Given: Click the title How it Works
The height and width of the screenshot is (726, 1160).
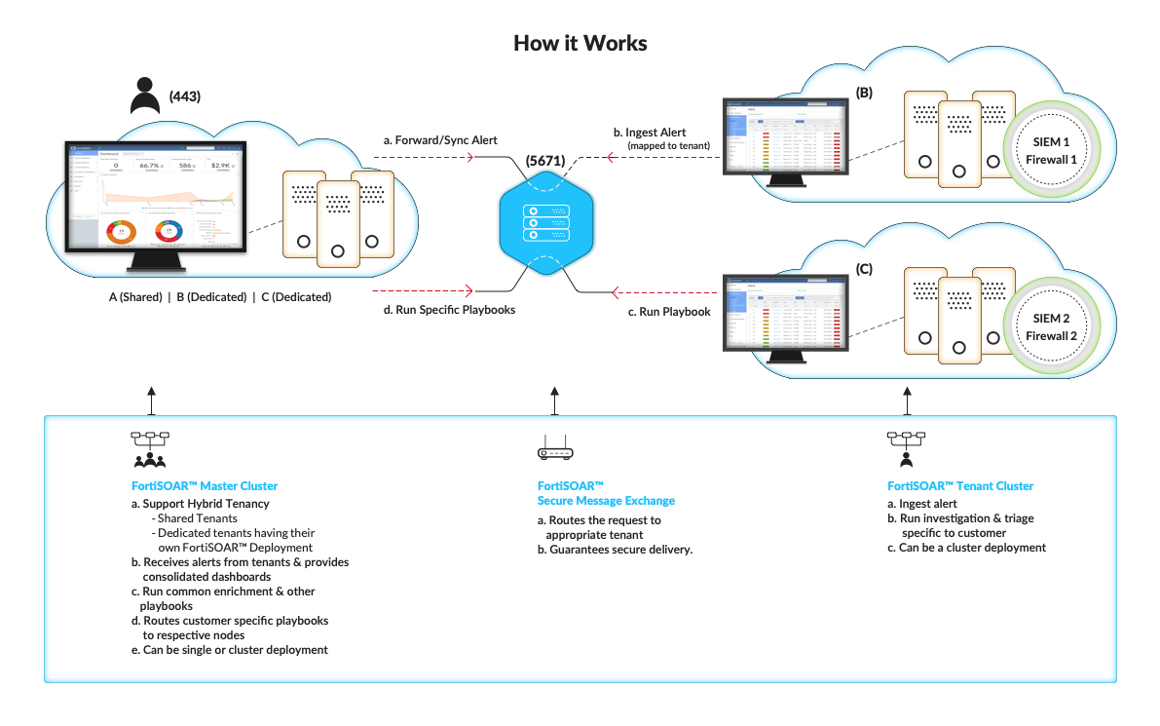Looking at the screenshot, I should [x=580, y=44].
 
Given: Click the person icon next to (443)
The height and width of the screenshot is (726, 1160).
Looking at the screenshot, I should [x=145, y=96].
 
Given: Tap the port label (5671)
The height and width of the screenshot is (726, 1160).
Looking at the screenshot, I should [x=544, y=160].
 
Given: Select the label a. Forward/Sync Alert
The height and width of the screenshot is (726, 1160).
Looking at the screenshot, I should [x=440, y=140].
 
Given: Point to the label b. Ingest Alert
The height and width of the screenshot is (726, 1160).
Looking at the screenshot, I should [x=650, y=133].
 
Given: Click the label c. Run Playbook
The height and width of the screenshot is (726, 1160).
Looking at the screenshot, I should [x=667, y=312].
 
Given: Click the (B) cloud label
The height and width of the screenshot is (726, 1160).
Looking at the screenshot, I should [x=863, y=94].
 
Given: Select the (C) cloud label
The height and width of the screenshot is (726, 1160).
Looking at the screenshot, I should [x=863, y=267].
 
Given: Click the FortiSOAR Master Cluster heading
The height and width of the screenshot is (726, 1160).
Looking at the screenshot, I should [x=205, y=485].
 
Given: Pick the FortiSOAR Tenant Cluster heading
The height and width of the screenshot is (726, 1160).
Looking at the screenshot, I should [x=959, y=485].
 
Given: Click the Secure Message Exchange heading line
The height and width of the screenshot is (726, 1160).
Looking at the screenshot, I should [x=606, y=501].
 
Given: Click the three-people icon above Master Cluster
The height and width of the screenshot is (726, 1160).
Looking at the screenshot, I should [x=150, y=460].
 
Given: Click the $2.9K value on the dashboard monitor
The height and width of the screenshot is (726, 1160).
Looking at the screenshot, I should [x=223, y=166].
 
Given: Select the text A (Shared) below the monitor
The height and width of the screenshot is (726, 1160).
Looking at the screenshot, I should [x=134, y=297].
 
